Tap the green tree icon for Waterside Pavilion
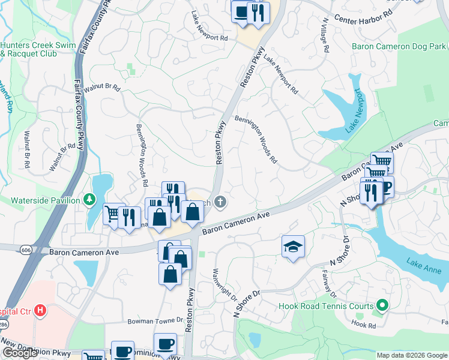(x=89, y=199)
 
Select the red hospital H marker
(x=40, y=310)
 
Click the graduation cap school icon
(x=293, y=247)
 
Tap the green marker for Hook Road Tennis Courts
(x=381, y=306)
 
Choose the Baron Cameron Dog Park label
(x=399, y=46)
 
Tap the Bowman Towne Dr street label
(x=154, y=322)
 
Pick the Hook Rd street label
(x=363, y=325)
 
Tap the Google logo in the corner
(x=20, y=353)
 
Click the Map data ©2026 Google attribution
(x=411, y=355)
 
